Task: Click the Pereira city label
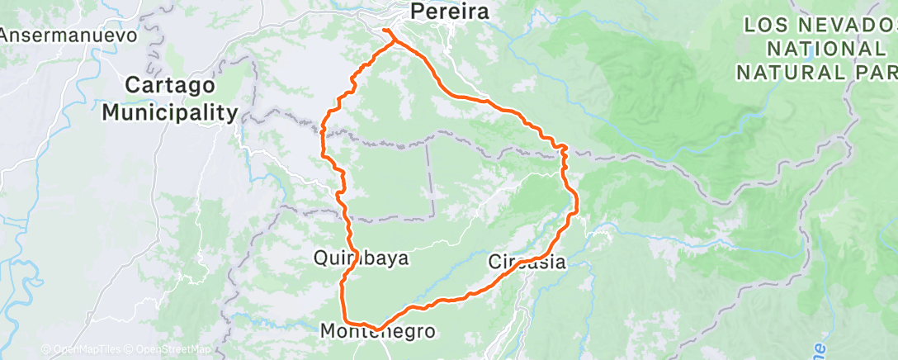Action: pos(450,12)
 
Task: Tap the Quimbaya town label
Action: pos(361,258)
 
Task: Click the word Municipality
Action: pos(170,112)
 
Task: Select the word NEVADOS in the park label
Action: pos(841,25)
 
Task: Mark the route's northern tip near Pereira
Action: pos(385,31)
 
